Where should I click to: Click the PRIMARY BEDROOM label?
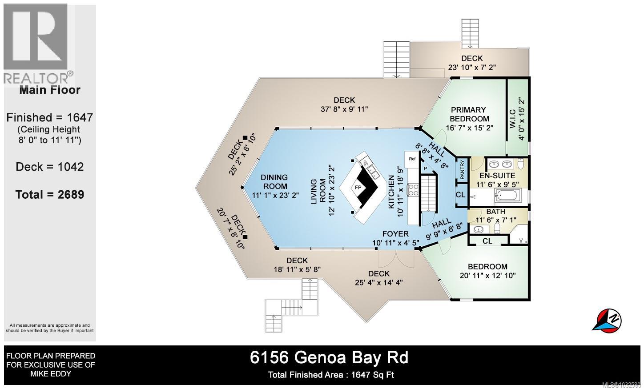[x=469, y=114]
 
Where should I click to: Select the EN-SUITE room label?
[x=497, y=176]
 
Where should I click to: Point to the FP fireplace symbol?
[x=358, y=187]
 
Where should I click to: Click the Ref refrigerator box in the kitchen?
[x=412, y=159]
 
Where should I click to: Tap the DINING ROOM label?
[x=274, y=182]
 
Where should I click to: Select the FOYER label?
[x=395, y=234]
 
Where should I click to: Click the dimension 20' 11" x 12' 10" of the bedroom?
[x=487, y=275]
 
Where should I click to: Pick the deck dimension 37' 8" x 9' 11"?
[x=344, y=109]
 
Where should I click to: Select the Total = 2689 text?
[x=49, y=194]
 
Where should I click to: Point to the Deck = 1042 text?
[x=49, y=167]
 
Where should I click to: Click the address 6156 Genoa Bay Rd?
[x=329, y=357]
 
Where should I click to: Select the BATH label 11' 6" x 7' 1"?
[x=495, y=216]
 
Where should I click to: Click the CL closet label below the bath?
[x=487, y=241]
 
